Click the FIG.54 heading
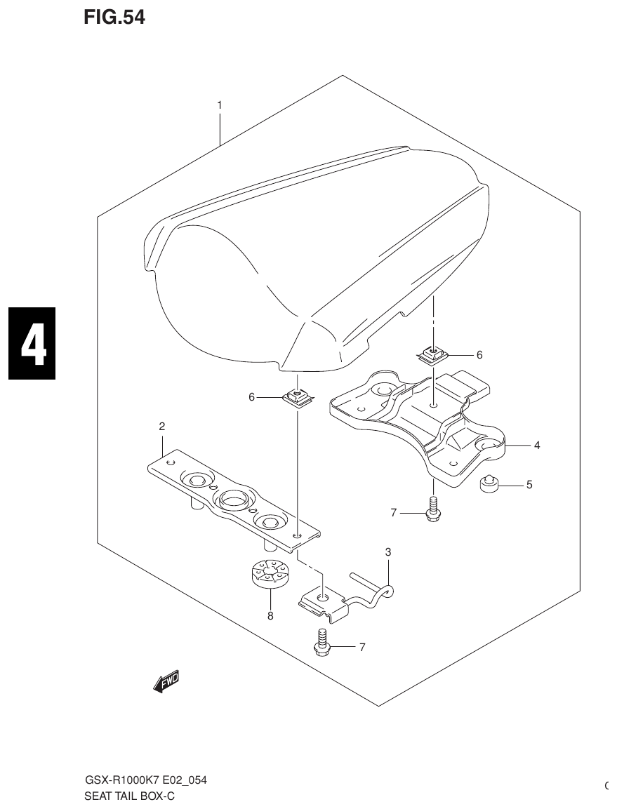[x=114, y=17]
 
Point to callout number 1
[x=219, y=105]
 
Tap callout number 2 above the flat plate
[x=161, y=426]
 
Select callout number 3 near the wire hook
[x=387, y=552]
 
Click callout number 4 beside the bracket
[x=536, y=445]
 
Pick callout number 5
[x=529, y=484]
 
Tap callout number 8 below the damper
[x=270, y=617]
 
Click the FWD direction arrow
[x=166, y=681]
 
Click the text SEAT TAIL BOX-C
[x=129, y=796]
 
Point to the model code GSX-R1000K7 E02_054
[x=145, y=780]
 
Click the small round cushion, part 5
[x=489, y=483]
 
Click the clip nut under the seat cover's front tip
[x=297, y=398]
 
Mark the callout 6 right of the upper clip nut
[x=479, y=355]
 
